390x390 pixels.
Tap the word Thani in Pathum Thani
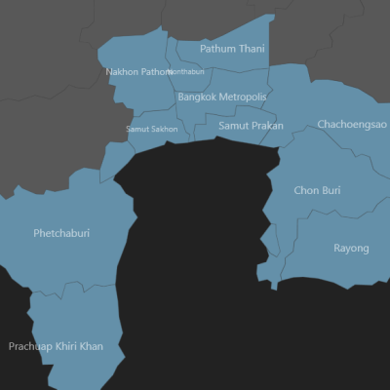[x=252, y=49]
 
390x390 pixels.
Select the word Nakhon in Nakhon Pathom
[x=122, y=71]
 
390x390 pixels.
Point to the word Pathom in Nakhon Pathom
[x=156, y=71]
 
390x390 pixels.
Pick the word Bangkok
[x=199, y=97]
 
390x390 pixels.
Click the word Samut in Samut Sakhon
[x=138, y=129]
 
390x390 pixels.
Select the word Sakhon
[x=165, y=129]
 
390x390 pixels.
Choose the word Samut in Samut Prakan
[x=234, y=126]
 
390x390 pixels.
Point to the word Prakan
[x=267, y=126]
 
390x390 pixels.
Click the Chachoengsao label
[x=351, y=125]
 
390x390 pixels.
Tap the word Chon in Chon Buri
[x=306, y=190]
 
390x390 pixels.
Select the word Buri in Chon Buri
[x=331, y=190]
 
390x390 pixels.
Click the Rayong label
[x=351, y=249]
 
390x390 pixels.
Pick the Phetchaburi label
[x=61, y=234]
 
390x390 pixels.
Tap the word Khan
[x=92, y=346]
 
